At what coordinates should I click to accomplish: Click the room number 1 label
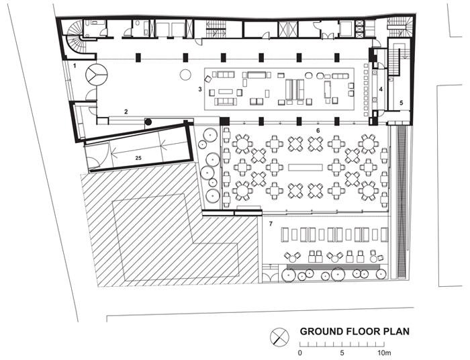(75, 65)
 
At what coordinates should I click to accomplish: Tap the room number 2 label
(126, 111)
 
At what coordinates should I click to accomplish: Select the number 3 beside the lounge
(200, 89)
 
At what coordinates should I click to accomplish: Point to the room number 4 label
(381, 89)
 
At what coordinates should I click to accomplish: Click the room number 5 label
(401, 103)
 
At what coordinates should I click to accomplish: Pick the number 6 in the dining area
(318, 130)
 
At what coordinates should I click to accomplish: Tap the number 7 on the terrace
(271, 224)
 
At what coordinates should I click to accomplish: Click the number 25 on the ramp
(138, 158)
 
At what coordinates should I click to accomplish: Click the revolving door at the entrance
(96, 75)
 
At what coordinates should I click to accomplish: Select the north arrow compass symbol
(279, 337)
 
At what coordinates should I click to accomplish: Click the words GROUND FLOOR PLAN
(355, 332)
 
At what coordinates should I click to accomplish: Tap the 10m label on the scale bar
(384, 353)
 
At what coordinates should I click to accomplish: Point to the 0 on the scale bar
(300, 353)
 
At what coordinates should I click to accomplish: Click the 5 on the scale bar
(342, 353)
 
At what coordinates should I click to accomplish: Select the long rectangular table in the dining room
(305, 167)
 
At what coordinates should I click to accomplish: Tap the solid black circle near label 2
(148, 122)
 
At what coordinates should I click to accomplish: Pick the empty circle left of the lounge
(185, 75)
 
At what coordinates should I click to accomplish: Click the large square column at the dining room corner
(224, 122)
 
